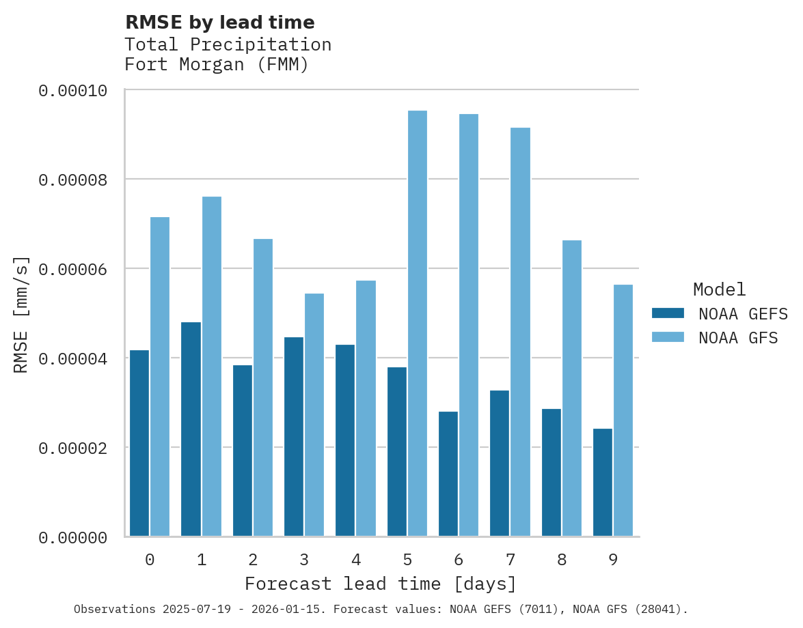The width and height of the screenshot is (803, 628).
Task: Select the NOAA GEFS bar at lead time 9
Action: pyautogui.click(x=603, y=482)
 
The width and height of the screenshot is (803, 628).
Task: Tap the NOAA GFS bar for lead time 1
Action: pyautogui.click(x=211, y=366)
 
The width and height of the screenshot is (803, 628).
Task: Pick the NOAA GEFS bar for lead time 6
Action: pyautogui.click(x=448, y=474)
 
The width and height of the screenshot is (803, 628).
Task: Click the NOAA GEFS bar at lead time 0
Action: pyautogui.click(x=139, y=443)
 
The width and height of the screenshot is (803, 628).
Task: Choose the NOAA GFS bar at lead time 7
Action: pyautogui.click(x=520, y=332)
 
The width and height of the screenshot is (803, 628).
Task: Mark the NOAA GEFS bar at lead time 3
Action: pyautogui.click(x=294, y=436)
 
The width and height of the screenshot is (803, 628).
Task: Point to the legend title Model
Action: pyautogui.click(x=719, y=289)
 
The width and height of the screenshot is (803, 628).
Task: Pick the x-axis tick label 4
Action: pyautogui.click(x=356, y=560)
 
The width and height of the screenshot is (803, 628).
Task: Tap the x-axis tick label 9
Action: pyautogui.click(x=613, y=560)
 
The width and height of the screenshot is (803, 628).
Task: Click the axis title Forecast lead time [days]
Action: pyautogui.click(x=381, y=584)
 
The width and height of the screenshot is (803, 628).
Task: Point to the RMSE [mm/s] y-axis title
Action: pyautogui.click(x=21, y=315)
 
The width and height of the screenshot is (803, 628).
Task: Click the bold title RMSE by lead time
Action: pyautogui.click(x=220, y=23)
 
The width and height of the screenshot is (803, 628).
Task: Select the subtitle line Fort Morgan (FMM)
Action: pyautogui.click(x=217, y=65)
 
